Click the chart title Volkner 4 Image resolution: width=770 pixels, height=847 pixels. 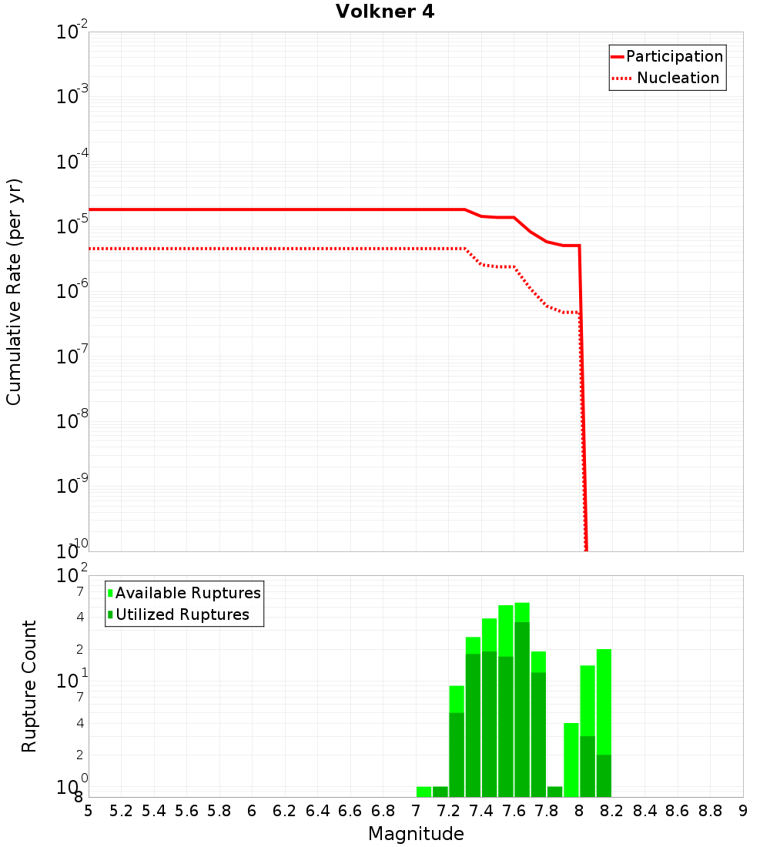coord(385,12)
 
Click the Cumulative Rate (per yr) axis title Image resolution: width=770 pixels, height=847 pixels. coord(14,292)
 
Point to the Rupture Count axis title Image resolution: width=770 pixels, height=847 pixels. coord(29,685)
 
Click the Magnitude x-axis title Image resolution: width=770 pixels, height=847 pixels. coord(416,833)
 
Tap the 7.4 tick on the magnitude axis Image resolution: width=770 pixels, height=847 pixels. coord(481,810)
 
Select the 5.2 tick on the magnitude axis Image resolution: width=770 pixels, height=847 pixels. coord(122,810)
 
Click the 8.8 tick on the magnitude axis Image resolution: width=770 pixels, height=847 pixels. coord(710,810)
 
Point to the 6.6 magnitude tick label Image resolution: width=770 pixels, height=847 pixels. coord(350,810)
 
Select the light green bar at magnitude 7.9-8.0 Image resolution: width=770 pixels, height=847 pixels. coord(571,759)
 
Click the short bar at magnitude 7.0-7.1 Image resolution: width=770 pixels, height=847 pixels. coord(423,792)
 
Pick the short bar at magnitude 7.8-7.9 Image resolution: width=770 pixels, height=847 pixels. coord(555,792)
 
